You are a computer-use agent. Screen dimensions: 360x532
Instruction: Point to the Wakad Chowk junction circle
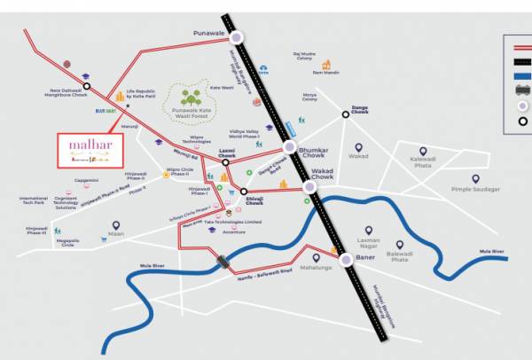pyautogui.click(x=309, y=187)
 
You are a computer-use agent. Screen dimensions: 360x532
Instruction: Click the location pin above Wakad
pyautogui.click(x=358, y=146)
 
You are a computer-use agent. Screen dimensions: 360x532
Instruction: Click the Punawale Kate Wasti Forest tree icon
pyautogui.click(x=189, y=97)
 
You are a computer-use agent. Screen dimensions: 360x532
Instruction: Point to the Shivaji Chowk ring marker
pyautogui.click(x=243, y=191)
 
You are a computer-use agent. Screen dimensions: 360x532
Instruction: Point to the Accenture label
pyautogui.click(x=234, y=231)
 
